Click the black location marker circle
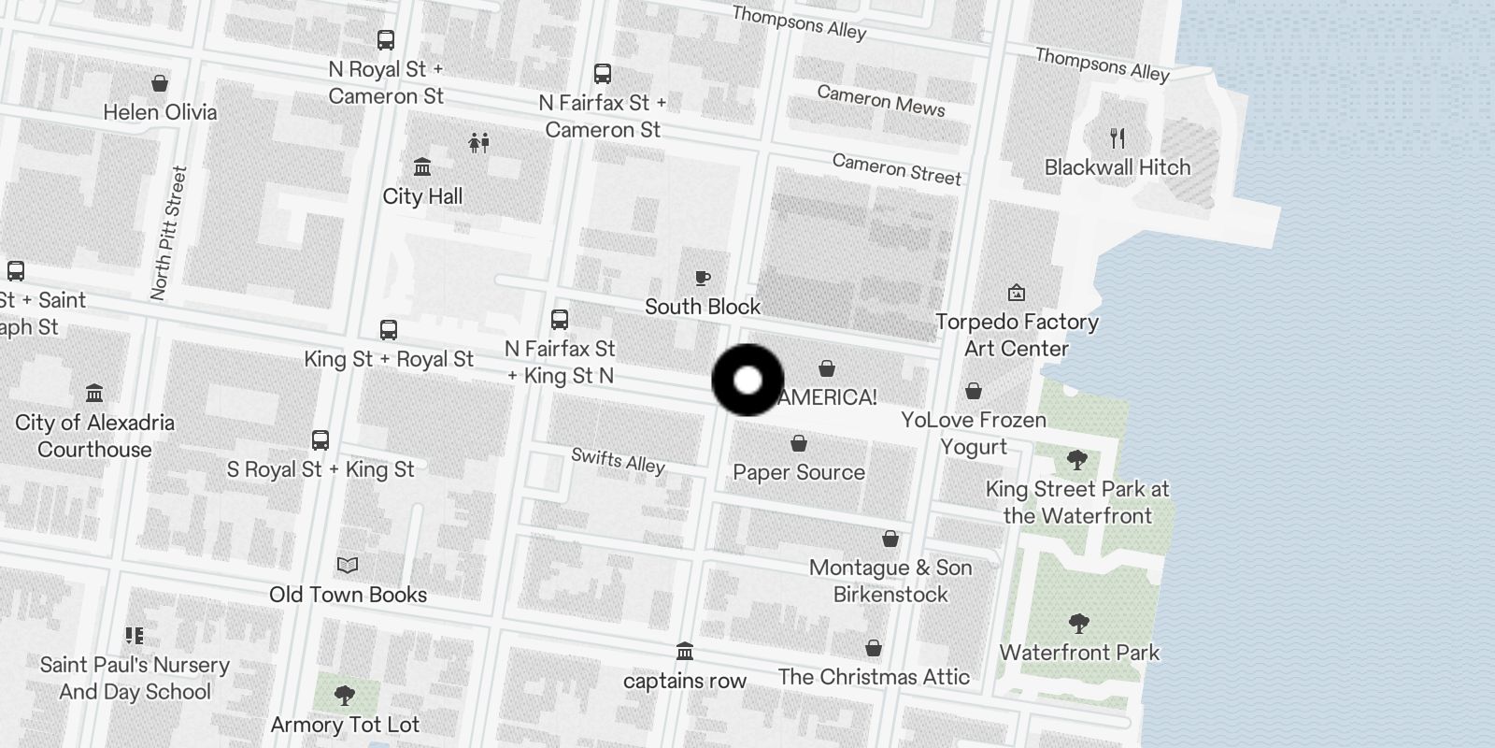(x=747, y=381)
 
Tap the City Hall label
(x=422, y=196)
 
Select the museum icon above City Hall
(x=422, y=167)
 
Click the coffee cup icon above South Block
(x=703, y=278)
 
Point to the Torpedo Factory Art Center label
(x=1017, y=335)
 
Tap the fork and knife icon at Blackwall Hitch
(x=1118, y=138)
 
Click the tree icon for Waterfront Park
(x=1079, y=624)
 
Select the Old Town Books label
(x=348, y=595)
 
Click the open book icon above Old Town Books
(x=348, y=566)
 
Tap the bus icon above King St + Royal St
(x=389, y=330)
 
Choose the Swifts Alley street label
(x=618, y=460)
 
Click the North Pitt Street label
(x=169, y=233)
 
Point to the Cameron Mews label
(x=881, y=100)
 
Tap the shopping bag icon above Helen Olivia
(x=160, y=83)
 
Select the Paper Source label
(x=799, y=472)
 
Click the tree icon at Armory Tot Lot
(x=345, y=696)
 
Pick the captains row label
(x=685, y=681)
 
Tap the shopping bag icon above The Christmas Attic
(x=874, y=648)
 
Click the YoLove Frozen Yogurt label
(x=974, y=433)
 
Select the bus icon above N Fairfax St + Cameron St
(x=603, y=74)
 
